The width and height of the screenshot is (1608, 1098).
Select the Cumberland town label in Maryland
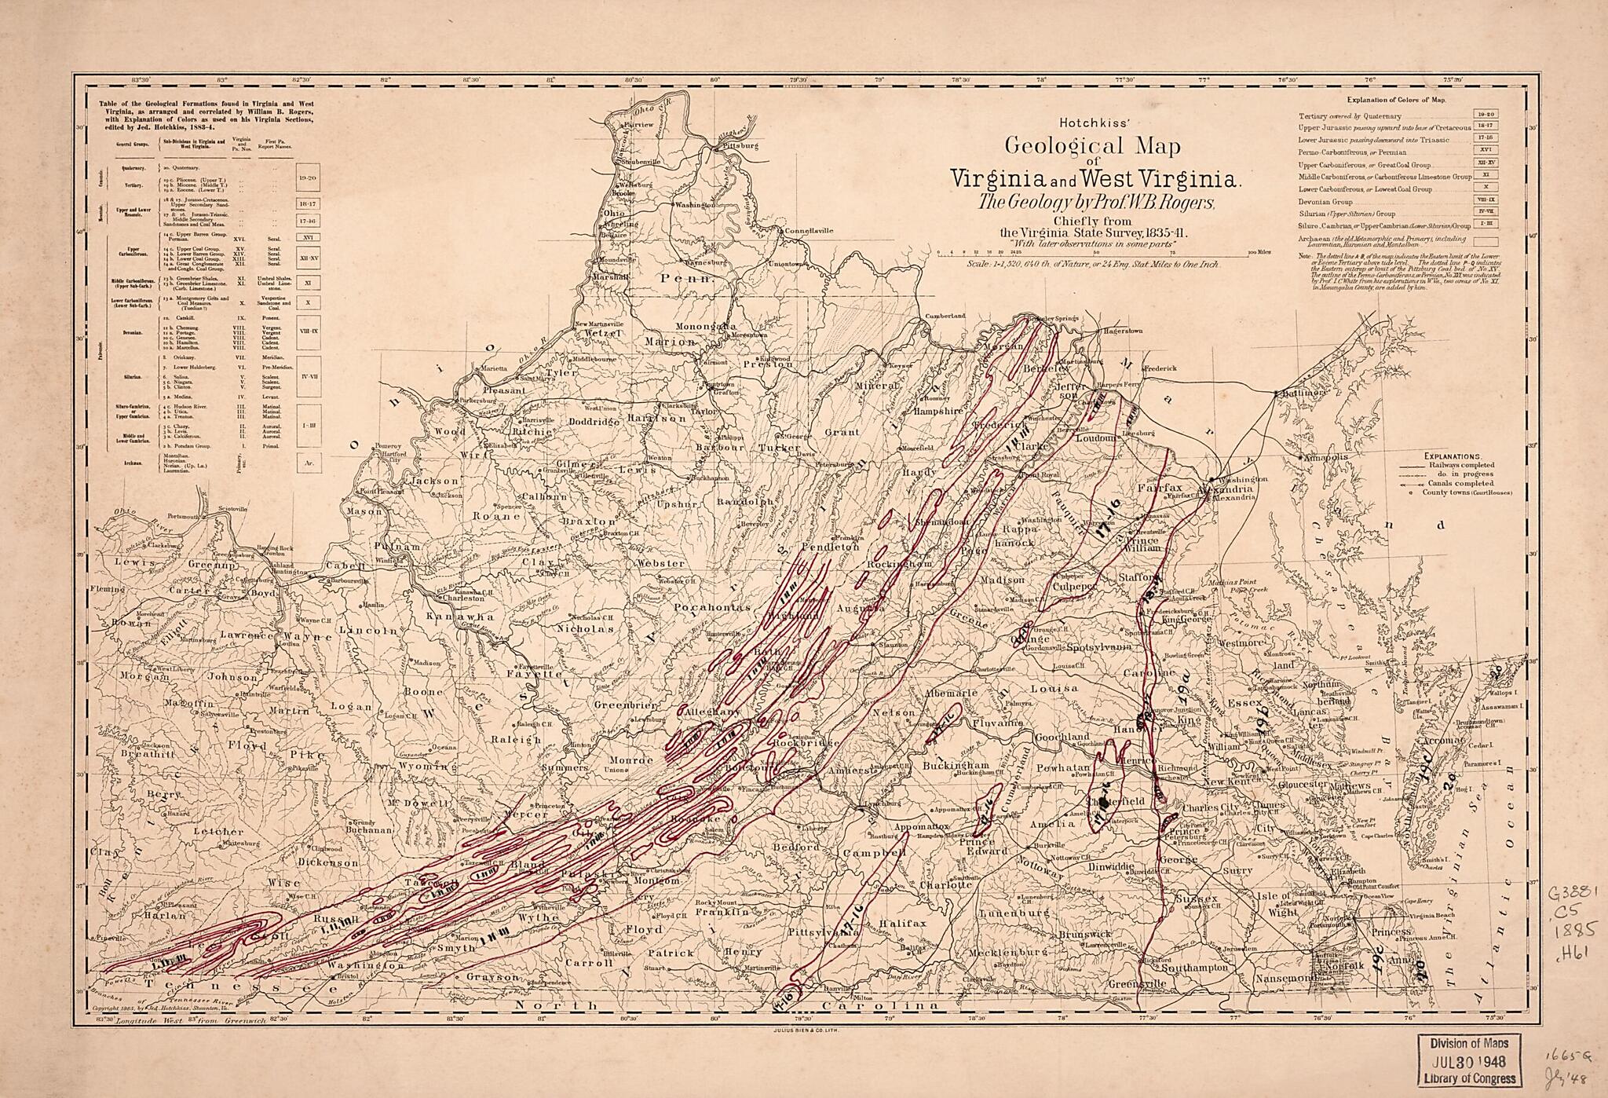click(x=945, y=316)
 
